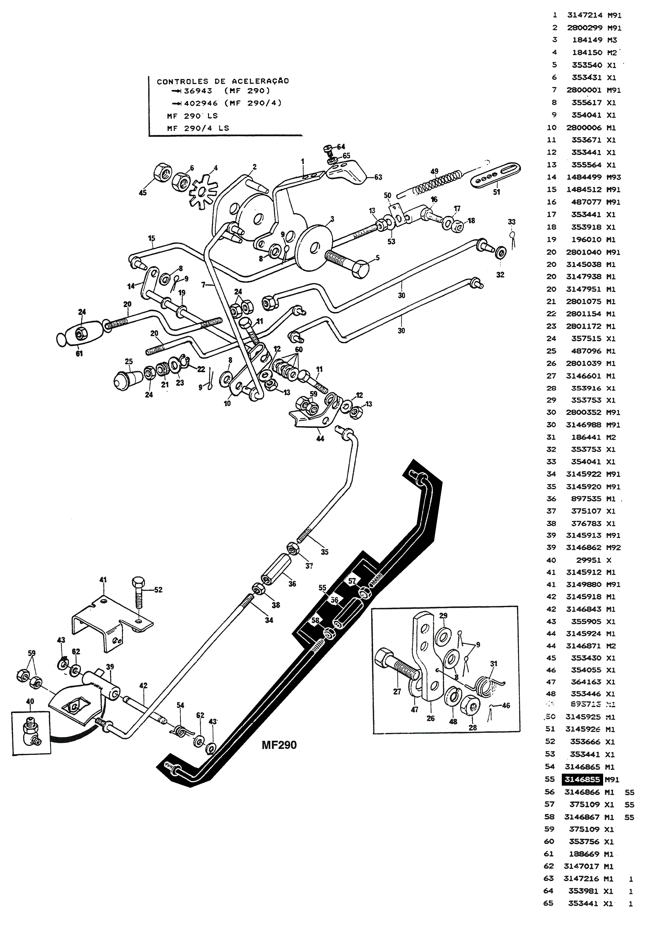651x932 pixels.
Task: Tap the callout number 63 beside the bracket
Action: point(378,177)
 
